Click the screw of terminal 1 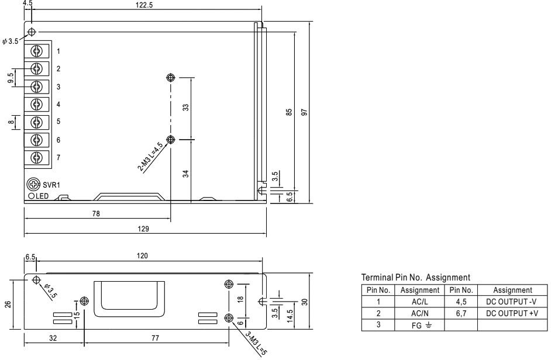[x=37, y=51]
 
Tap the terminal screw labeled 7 [x=37, y=157]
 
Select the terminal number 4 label [x=58, y=105]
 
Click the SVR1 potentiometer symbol [x=35, y=185]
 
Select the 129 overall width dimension [x=142, y=230]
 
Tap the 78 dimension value [x=97, y=214]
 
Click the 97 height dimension [x=304, y=111]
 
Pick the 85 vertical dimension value [x=289, y=111]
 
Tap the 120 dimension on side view [x=142, y=255]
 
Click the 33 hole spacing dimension [x=186, y=108]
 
